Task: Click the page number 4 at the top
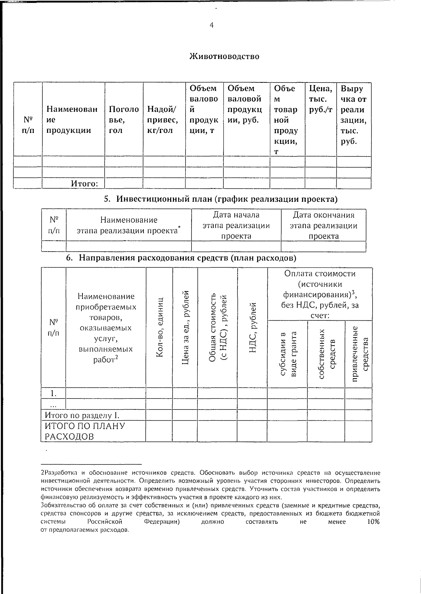coord(211,25)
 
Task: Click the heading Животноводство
coord(224,56)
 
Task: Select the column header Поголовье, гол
coord(123,120)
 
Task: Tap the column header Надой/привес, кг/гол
coord(162,120)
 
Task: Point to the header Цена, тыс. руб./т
coord(320,99)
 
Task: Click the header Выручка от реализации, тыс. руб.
coord(353,115)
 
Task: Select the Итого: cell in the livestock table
coord(84,183)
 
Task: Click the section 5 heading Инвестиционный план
coord(221,199)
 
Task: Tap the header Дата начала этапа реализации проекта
coord(236,225)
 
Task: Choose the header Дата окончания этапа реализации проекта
coord(323,225)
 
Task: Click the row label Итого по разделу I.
coord(82,415)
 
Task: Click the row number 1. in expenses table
coord(53,393)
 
